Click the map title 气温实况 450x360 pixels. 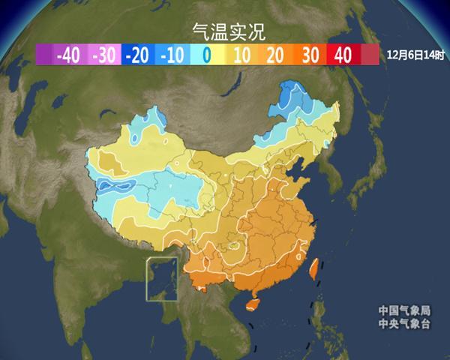tap(223, 31)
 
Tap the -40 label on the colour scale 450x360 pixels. tap(68, 55)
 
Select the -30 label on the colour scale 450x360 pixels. tap(103, 55)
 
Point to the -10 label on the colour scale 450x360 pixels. tap(172, 55)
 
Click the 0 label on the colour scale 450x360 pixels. tap(206, 55)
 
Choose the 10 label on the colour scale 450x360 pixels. tap(241, 55)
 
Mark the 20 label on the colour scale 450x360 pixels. tap(274, 55)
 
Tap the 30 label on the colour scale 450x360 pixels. tap(309, 55)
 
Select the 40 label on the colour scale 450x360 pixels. tap(343, 55)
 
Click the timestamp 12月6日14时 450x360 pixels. tap(415, 55)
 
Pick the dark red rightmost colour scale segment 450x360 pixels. tap(370, 55)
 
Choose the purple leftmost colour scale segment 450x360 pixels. tap(43, 55)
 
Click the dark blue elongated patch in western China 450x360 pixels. tap(112, 186)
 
